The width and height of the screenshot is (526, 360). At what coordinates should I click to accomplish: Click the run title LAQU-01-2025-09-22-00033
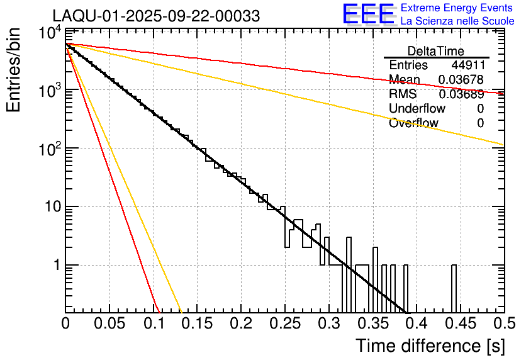156,16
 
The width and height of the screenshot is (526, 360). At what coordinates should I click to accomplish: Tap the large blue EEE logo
368,14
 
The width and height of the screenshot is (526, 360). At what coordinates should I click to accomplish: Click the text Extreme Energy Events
457,8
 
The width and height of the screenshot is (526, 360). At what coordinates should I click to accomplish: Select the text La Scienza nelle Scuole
457,21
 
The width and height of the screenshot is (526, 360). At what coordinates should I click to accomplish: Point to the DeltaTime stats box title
436,51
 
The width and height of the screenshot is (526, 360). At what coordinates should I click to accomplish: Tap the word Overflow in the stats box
413,123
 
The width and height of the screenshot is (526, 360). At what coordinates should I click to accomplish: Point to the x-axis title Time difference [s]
430,345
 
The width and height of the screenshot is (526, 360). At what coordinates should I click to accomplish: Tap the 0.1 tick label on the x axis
153,323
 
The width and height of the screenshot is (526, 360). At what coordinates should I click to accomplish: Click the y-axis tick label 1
55,265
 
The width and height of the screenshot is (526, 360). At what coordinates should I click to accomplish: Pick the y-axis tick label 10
51,207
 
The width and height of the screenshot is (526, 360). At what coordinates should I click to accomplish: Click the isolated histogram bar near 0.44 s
454,288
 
